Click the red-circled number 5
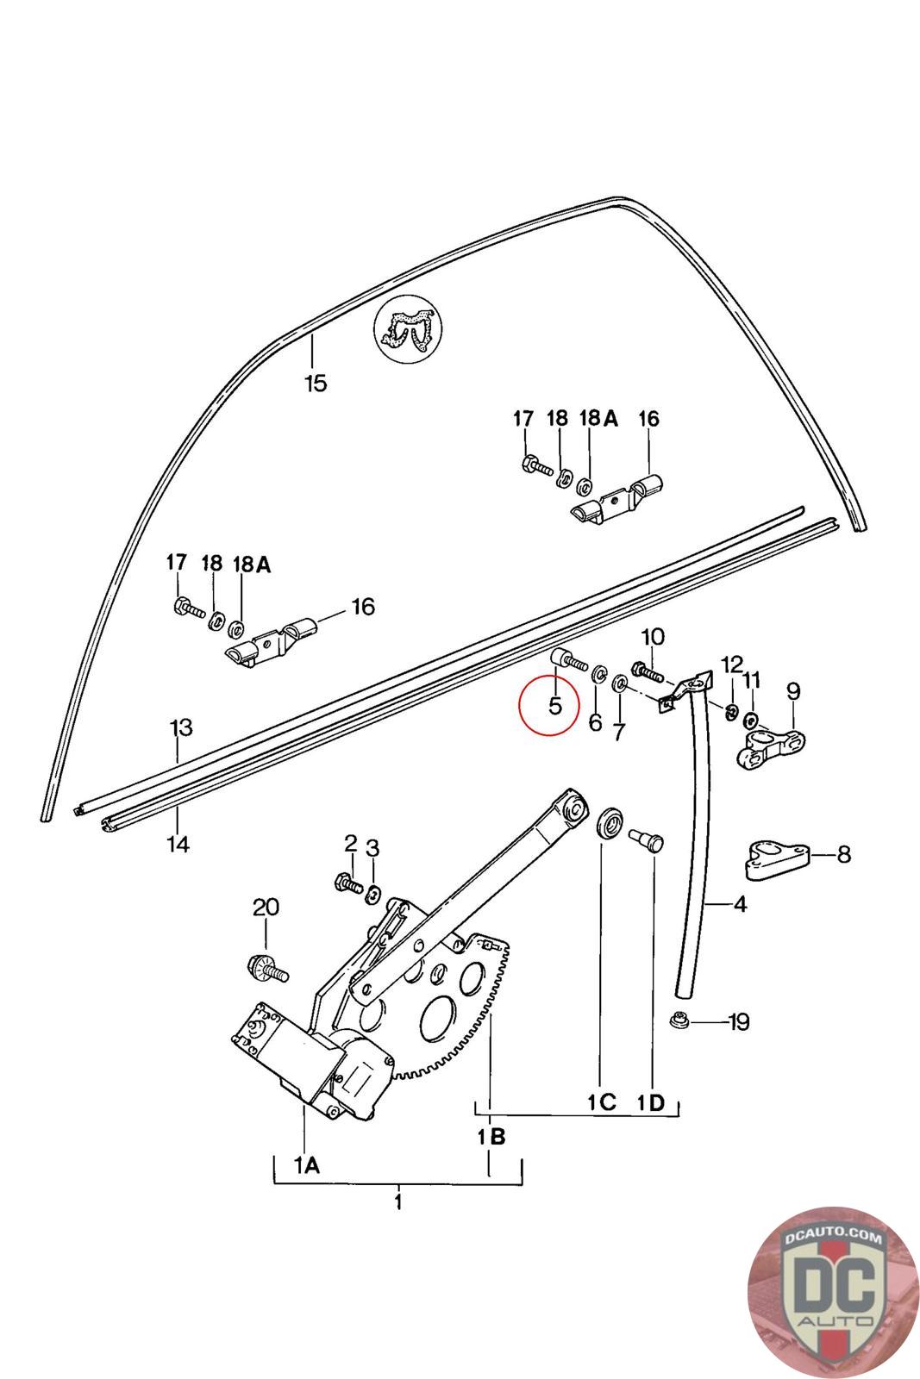555,705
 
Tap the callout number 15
316,384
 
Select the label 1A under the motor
307,1166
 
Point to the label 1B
491,1137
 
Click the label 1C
602,1101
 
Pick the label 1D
653,1101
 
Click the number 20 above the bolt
266,907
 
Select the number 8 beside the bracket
843,854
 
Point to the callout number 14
178,844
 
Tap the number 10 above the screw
653,638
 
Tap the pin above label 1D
648,839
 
